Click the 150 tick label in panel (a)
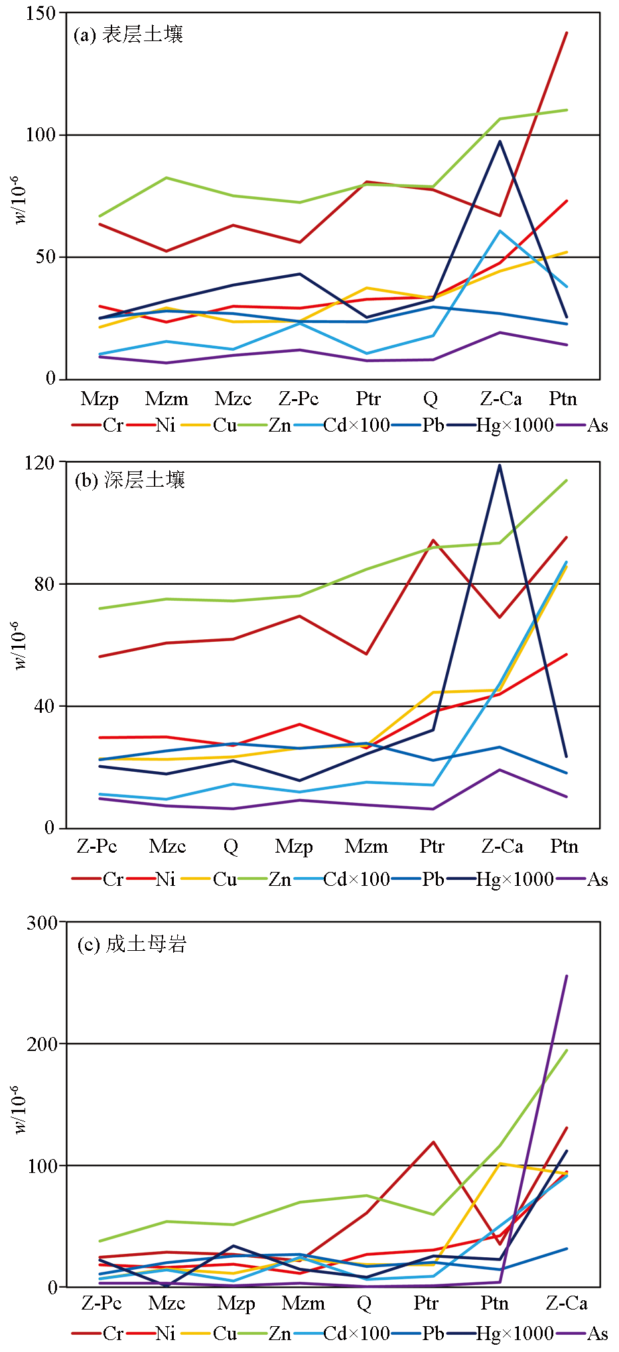40,13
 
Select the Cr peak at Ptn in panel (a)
567,32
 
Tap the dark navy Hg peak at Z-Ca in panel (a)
500,141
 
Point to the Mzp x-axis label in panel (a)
100,399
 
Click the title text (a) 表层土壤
128,34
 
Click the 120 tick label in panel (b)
40,462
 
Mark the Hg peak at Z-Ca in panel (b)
500,465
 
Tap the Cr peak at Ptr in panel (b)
433,540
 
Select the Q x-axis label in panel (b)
230,847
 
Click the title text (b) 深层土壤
129,480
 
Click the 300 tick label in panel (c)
40,922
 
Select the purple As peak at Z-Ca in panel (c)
567,976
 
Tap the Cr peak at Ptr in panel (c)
433,1142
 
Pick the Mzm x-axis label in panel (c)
303,1304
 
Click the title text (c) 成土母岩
131,944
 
